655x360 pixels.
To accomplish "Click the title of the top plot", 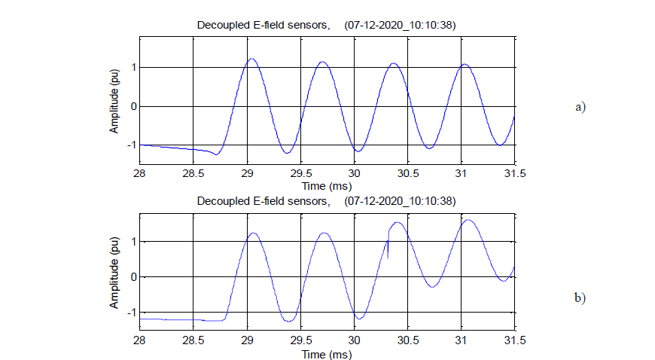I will (x=326, y=26).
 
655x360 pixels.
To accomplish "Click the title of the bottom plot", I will (x=326, y=201).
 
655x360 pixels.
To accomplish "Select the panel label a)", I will (x=580, y=107).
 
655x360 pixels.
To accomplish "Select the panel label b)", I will (x=580, y=298).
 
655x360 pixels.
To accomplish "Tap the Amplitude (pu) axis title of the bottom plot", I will (x=114, y=276).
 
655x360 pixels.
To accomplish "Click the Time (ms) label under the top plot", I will (x=327, y=185).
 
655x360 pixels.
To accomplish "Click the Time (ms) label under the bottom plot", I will (x=327, y=353).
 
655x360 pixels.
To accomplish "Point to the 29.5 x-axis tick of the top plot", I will (x=300, y=173).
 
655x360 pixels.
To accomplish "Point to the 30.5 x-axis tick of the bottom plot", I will (x=407, y=340).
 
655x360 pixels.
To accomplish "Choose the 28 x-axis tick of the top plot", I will (x=140, y=173).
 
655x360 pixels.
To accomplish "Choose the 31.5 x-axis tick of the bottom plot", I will (x=514, y=340).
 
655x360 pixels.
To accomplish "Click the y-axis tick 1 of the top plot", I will (x=133, y=68).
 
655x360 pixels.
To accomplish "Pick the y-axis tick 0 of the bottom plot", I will (x=133, y=277).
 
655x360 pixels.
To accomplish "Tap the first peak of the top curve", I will (x=251, y=59).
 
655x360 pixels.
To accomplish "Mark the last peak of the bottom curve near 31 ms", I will (x=468, y=220).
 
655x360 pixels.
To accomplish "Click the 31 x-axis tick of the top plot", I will (x=461, y=173).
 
